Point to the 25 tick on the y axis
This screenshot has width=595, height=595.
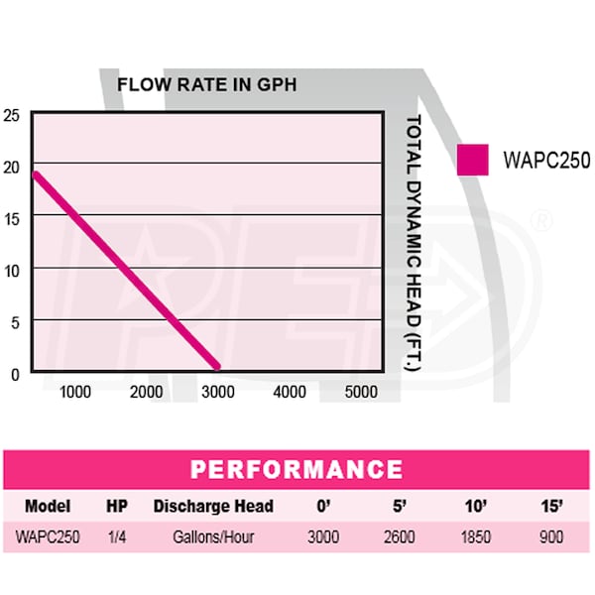click(11, 113)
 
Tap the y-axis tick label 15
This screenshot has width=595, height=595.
click(11, 215)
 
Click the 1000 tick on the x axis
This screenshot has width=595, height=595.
click(76, 392)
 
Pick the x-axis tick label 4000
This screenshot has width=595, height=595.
click(290, 392)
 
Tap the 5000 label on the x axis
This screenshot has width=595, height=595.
click(360, 392)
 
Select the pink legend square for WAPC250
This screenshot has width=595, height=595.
click(473, 159)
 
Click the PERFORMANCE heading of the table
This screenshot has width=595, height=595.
click(297, 470)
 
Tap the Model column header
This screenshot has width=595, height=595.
click(47, 506)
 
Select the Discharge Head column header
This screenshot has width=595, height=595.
click(213, 506)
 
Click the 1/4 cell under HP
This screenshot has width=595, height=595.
click(116, 538)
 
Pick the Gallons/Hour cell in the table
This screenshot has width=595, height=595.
click(213, 538)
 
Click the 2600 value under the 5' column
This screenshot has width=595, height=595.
click(400, 538)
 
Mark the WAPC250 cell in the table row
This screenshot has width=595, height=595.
click(48, 538)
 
